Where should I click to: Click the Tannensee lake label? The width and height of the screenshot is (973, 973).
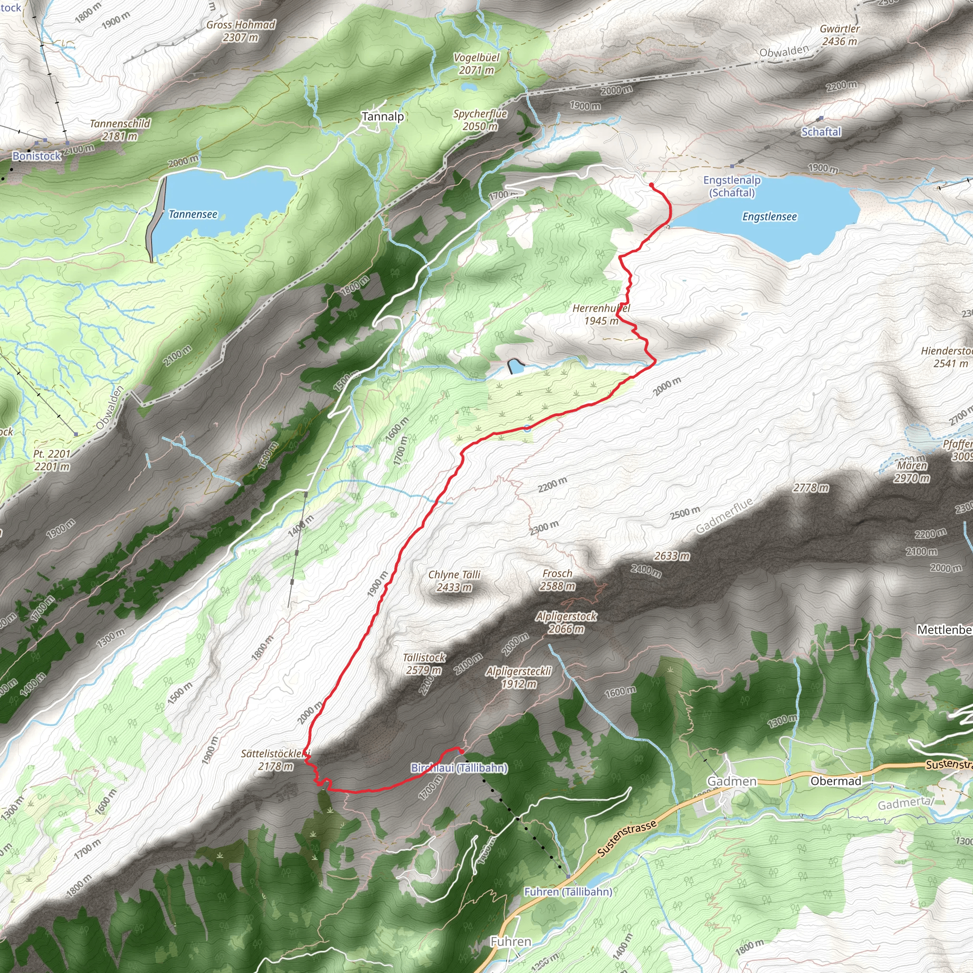(x=193, y=215)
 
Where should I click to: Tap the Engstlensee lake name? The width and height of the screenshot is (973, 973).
(x=770, y=217)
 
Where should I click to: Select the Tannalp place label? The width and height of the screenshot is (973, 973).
(x=383, y=117)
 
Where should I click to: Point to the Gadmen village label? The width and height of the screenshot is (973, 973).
(x=732, y=781)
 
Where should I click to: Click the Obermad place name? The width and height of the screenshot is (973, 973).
(x=836, y=781)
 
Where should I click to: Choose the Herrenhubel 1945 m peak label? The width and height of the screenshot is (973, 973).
(x=601, y=314)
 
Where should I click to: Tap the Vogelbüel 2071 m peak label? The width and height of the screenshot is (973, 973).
(x=477, y=64)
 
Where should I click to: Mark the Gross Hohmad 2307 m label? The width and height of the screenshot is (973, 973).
(x=241, y=31)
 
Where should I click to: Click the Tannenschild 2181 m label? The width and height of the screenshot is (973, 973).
(x=120, y=129)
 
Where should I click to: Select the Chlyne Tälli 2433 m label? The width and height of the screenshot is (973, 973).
(x=454, y=581)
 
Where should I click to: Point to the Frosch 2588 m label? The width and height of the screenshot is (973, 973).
(x=557, y=580)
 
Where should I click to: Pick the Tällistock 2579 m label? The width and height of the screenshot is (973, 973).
(x=424, y=663)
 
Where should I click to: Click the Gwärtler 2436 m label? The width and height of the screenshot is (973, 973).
(x=839, y=35)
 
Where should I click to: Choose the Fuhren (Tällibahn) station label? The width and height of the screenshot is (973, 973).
(x=568, y=892)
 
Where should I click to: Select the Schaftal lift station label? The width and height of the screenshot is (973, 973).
(x=821, y=132)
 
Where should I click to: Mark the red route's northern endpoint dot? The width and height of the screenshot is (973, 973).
(x=651, y=185)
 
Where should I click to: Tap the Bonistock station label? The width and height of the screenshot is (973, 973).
(x=37, y=156)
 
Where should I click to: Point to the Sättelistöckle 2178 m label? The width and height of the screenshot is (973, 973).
(x=276, y=760)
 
